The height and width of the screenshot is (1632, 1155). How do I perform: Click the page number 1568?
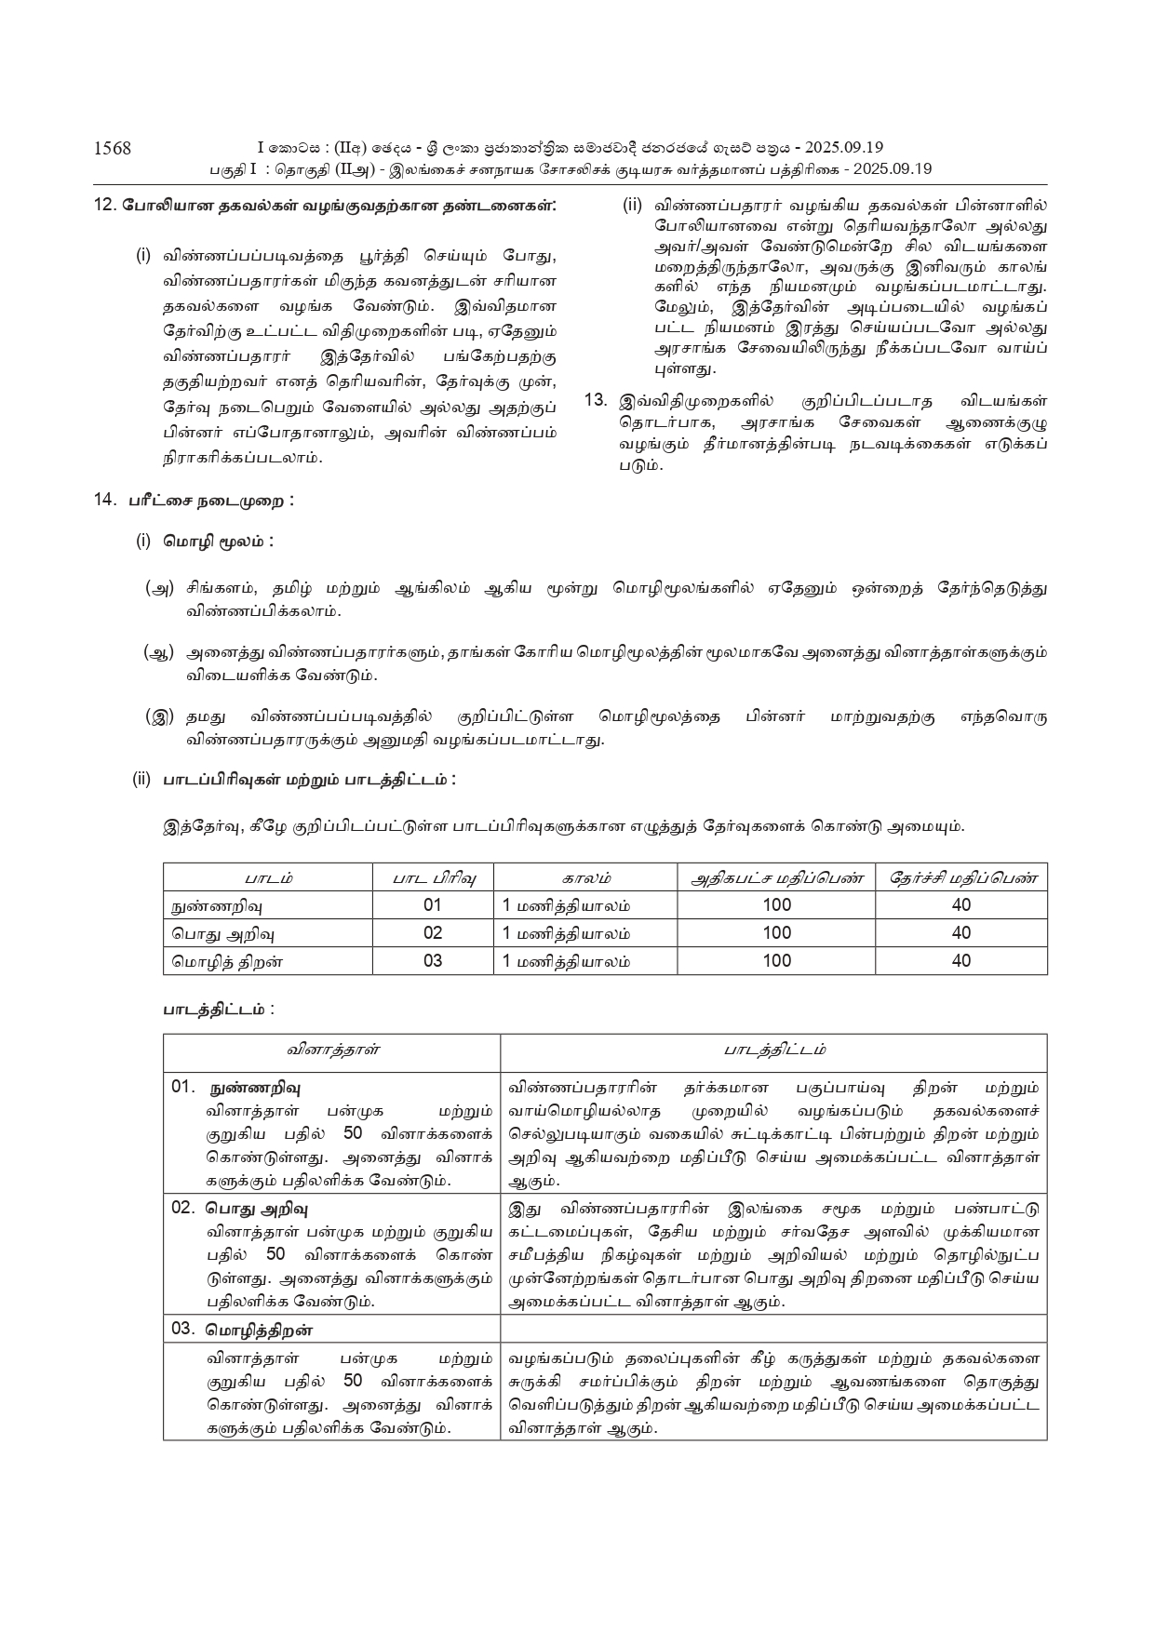[x=113, y=148]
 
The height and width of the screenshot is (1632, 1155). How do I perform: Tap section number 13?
[x=595, y=401]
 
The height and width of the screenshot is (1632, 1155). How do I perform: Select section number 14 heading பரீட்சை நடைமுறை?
[x=210, y=501]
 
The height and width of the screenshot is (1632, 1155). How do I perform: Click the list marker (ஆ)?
[x=159, y=653]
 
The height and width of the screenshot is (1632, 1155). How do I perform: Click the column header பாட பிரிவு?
[x=433, y=877]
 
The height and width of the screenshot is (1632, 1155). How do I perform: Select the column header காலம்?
[x=586, y=877]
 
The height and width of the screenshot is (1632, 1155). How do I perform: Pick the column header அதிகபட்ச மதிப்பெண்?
[x=776, y=877]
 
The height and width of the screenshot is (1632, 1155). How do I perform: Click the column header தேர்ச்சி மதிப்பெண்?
[x=961, y=877]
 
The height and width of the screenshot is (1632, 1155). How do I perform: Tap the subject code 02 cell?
[x=433, y=933]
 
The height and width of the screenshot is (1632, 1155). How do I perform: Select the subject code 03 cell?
[x=433, y=961]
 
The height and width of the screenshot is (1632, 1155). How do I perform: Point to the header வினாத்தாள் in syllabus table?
[x=332, y=1050]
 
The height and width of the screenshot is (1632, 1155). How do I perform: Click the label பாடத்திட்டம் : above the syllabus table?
[x=219, y=1009]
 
